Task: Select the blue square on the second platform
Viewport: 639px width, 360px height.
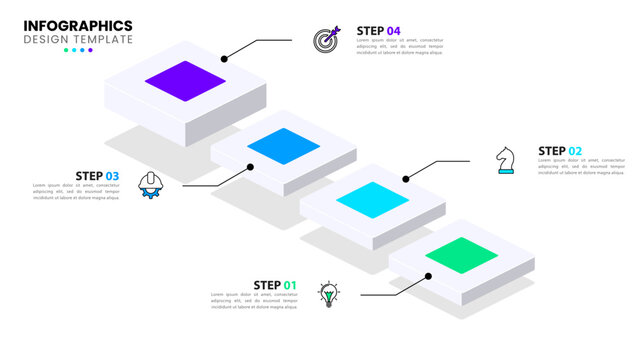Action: (x=284, y=146)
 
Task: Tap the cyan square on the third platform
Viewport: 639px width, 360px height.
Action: (x=372, y=200)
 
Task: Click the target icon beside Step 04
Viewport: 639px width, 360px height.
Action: (x=327, y=40)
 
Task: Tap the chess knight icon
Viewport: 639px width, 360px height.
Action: (x=506, y=160)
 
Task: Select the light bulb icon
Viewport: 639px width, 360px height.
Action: (x=328, y=293)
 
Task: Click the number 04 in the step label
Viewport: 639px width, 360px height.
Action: (x=394, y=30)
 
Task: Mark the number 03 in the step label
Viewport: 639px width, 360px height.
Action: (x=112, y=176)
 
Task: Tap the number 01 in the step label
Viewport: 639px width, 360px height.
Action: (x=290, y=285)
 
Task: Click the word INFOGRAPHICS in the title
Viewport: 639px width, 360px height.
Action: (x=78, y=25)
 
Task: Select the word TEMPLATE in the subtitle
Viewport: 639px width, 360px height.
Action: (x=104, y=39)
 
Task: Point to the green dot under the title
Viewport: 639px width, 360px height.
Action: (x=66, y=50)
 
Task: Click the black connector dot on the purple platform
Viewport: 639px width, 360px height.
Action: (x=224, y=59)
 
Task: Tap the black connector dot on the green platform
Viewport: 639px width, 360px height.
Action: (x=428, y=275)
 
